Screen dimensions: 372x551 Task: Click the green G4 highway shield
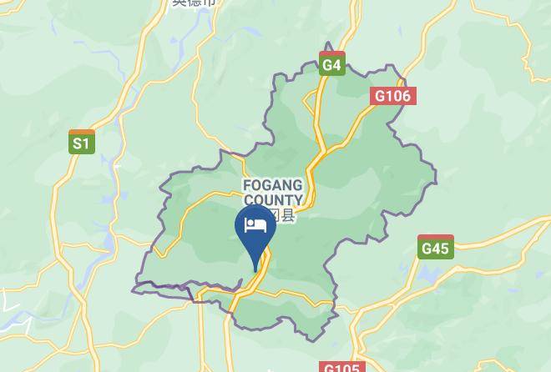[331, 63]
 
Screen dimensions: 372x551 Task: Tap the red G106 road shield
[392, 96]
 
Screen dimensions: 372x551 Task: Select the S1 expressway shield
[81, 143]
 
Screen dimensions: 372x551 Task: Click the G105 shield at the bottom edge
[341, 368]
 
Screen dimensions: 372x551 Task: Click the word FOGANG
[272, 185]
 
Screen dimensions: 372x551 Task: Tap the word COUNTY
[272, 200]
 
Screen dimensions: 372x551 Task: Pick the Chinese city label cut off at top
[194, 3]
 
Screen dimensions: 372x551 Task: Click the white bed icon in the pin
[255, 225]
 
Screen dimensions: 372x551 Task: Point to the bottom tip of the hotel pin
[255, 271]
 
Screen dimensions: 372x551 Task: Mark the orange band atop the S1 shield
[81, 132]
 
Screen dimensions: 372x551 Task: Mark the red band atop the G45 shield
[435, 237]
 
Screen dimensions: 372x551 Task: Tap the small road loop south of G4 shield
[311, 104]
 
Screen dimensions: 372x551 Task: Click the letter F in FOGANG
[247, 185]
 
